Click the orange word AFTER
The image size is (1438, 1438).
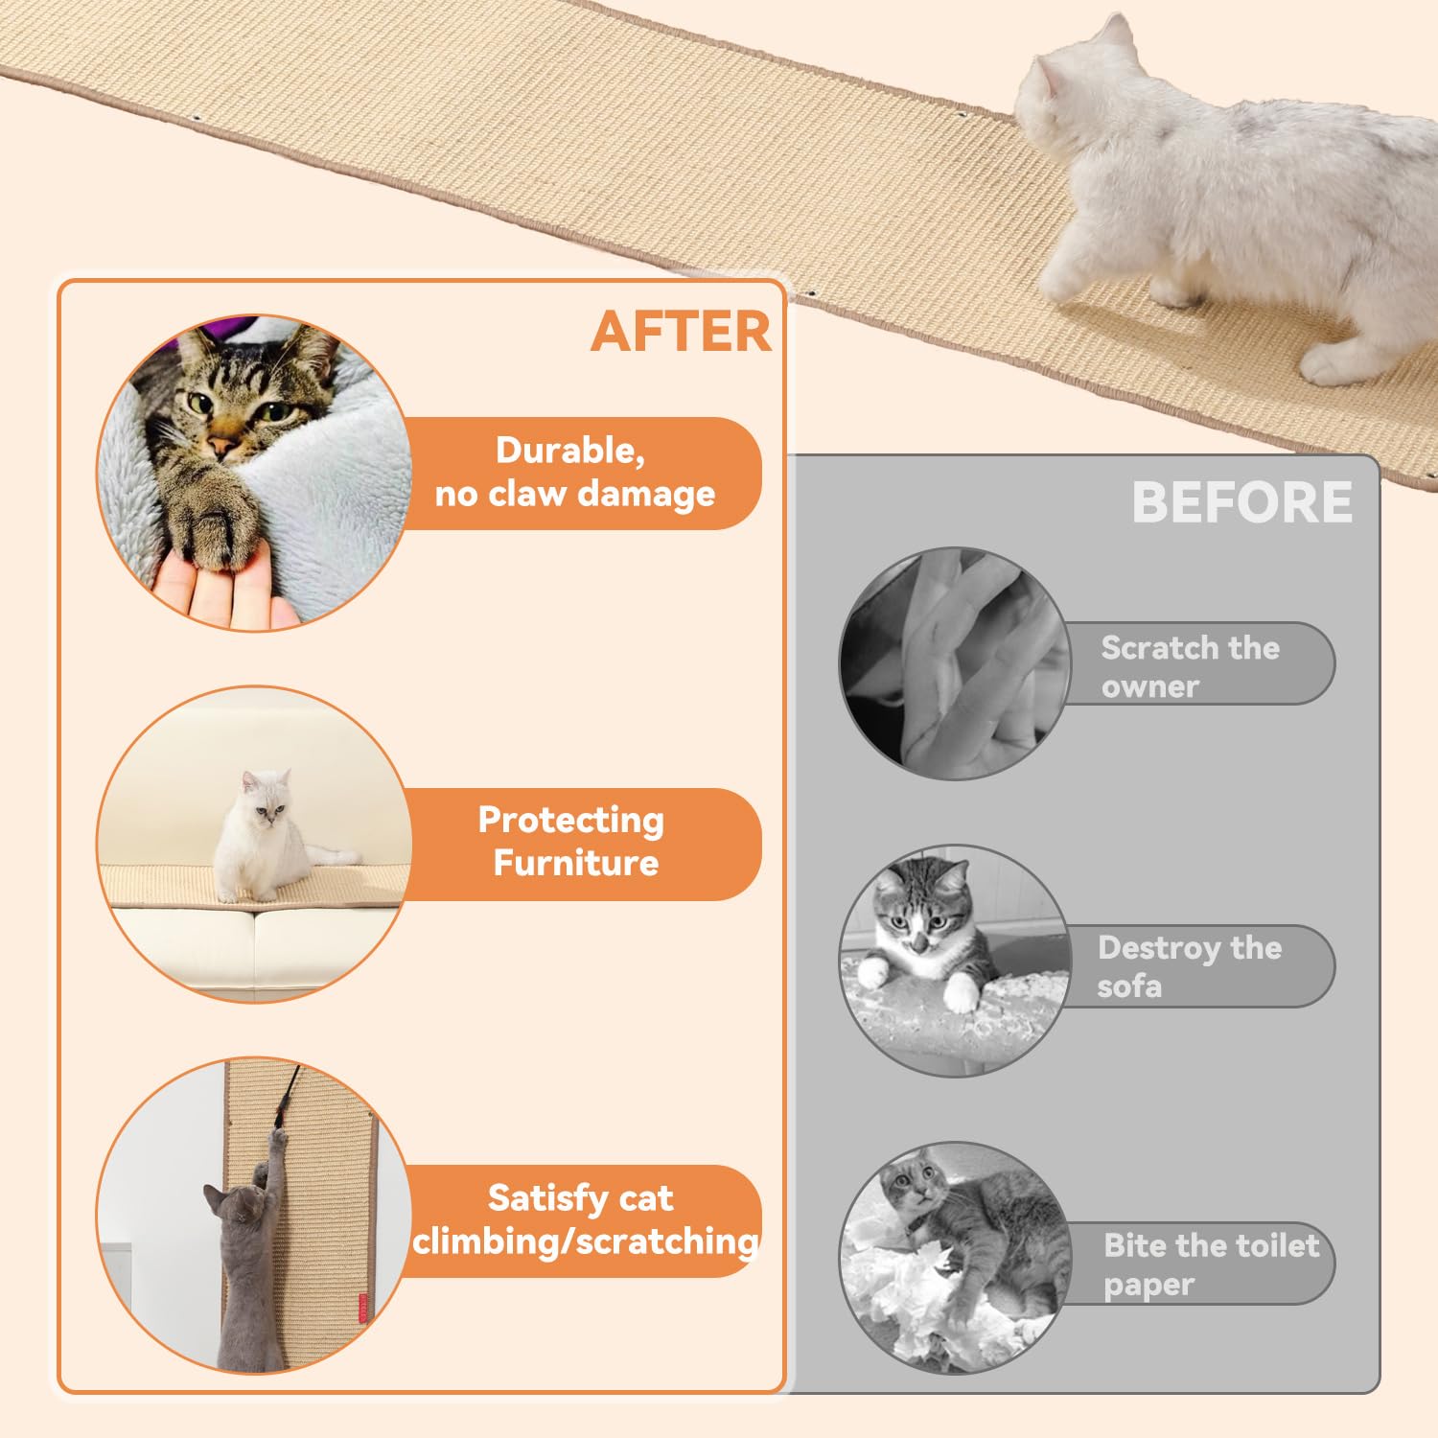click(x=681, y=332)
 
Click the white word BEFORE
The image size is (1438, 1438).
click(x=1241, y=501)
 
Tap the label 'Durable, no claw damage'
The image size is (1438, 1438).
click(x=575, y=473)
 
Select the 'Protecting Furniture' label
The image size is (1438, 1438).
click(x=572, y=842)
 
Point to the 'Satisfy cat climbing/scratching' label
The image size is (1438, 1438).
click(x=582, y=1219)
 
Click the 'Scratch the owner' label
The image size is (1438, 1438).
click(x=1192, y=665)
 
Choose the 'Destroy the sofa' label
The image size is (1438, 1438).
click(x=1190, y=966)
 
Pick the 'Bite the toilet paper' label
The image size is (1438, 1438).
click(x=1210, y=1264)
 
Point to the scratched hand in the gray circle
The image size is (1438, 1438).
click(x=959, y=661)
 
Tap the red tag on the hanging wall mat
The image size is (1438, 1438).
click(x=363, y=1308)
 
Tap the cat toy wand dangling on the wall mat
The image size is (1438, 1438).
click(x=286, y=1102)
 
